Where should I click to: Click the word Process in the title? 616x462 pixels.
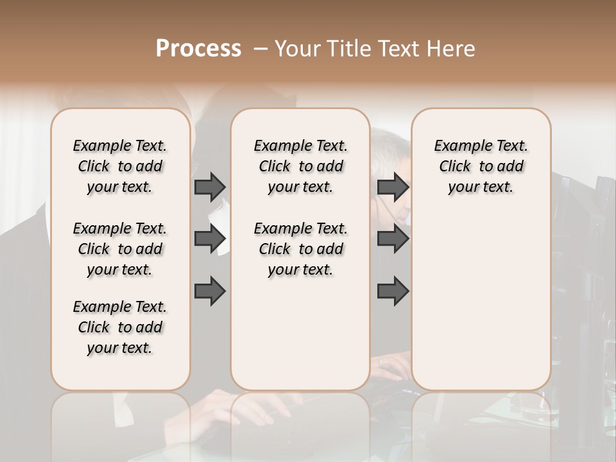tap(198, 49)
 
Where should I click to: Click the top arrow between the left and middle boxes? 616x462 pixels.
tap(210, 187)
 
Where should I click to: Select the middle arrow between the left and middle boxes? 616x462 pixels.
tap(210, 239)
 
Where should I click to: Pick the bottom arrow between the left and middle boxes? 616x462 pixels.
tap(210, 291)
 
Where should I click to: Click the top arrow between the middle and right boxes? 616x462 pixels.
tap(393, 187)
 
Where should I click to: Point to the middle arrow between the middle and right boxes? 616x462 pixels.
tap(393, 239)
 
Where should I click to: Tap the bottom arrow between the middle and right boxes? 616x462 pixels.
tap(393, 291)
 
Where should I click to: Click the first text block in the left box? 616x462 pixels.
tap(120, 166)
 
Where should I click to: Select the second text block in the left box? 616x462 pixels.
tap(120, 249)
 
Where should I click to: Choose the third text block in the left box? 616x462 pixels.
tap(120, 327)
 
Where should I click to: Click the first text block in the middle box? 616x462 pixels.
tap(300, 166)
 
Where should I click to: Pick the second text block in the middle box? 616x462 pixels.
tap(300, 249)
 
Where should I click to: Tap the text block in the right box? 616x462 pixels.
tap(481, 166)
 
